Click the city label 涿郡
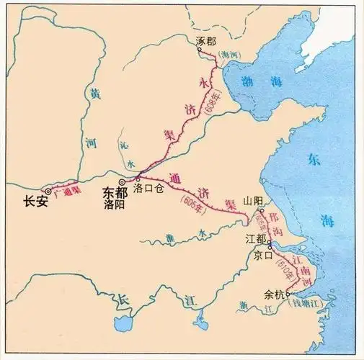tap(206, 42)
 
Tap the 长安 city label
tap(35, 202)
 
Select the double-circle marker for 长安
tap(48, 191)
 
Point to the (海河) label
tap(228, 55)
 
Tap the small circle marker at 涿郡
tap(204, 52)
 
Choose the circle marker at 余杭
tap(287, 294)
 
